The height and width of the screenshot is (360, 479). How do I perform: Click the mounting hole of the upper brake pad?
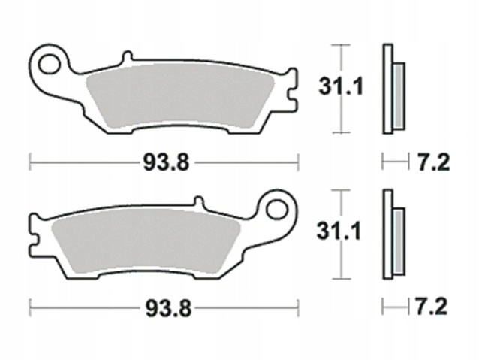tap(49, 64)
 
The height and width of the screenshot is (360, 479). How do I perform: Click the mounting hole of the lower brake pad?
tap(277, 210)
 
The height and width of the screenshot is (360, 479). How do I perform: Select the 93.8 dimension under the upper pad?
tap(167, 162)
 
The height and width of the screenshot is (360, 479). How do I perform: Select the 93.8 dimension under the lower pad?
tap(168, 308)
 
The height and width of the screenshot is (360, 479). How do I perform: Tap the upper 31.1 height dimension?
tap(341, 86)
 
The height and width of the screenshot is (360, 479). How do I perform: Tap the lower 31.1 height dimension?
tap(339, 231)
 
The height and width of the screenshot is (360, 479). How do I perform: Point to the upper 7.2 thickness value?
tap(433, 162)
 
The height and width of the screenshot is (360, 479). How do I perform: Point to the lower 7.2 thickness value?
tap(431, 307)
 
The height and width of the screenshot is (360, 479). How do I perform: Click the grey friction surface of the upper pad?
tap(180, 95)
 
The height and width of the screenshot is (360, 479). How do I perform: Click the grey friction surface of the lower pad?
tap(146, 241)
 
